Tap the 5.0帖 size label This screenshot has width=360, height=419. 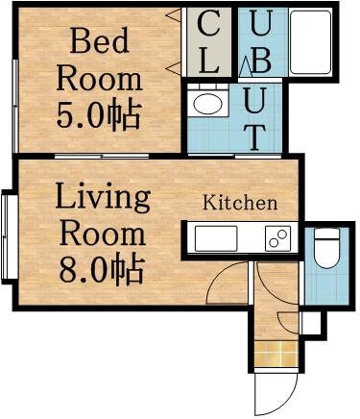(x=99, y=115)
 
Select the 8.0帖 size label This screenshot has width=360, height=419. (x=103, y=267)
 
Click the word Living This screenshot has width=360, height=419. (x=102, y=200)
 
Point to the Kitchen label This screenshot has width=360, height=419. (x=239, y=204)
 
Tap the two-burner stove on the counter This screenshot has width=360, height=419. (x=277, y=238)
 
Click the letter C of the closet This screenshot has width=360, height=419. (x=213, y=24)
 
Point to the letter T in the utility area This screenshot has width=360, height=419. (x=253, y=136)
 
